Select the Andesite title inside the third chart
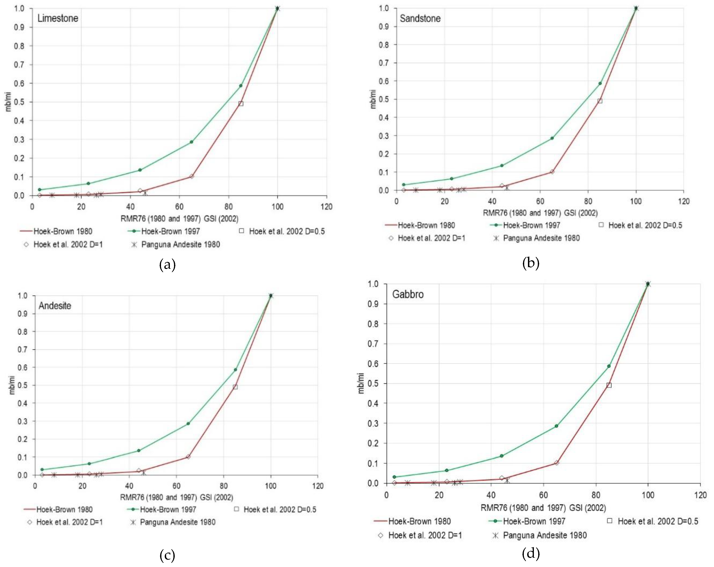55,305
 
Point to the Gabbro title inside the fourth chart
408,294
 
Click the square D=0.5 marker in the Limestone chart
241,104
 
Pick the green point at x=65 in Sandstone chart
552,138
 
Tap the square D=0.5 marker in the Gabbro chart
609,385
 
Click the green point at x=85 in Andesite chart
235,370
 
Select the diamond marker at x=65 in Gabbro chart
556,463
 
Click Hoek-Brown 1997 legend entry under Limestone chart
170,231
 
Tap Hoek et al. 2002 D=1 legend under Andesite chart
69,522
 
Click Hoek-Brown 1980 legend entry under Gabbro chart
419,521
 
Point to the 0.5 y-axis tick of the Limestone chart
19,102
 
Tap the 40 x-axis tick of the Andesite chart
129,486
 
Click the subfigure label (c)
167,555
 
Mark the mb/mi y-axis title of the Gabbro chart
361,383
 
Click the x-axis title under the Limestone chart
179,219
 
